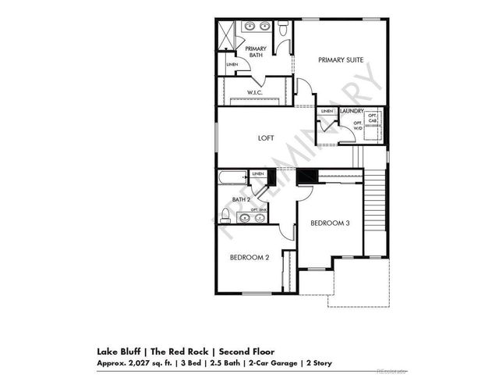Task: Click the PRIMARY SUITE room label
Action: coord(341,59)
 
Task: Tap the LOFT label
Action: coord(266,139)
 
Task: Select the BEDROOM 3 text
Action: coord(330,223)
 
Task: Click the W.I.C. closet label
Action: coord(254,93)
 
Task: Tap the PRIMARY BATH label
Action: coord(256,52)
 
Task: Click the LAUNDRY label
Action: coord(352,112)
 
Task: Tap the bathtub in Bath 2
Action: coord(232,177)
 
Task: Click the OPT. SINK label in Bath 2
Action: coord(259,210)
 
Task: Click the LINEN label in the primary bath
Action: coord(232,64)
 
